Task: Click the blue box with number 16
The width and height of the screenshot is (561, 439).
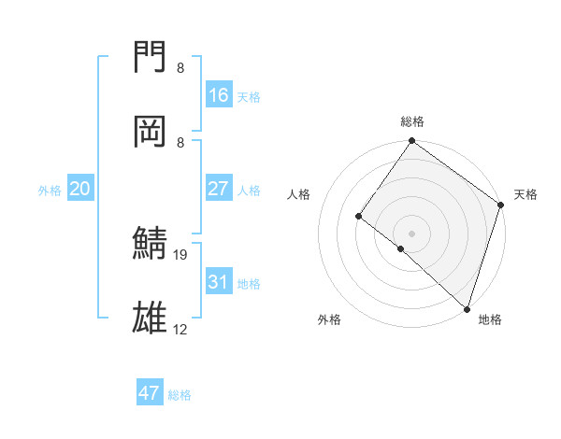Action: point(219,94)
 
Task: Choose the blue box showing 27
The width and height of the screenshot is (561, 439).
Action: point(219,189)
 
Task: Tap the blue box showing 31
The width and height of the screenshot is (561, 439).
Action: point(219,282)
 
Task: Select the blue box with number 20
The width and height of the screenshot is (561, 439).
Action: point(79,189)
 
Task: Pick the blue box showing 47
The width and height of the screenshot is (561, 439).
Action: point(150,393)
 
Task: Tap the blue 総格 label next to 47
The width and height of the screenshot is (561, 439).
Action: point(180,395)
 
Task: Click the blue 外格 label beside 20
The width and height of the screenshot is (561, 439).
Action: point(50,191)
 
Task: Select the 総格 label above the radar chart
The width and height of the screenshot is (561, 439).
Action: point(412,121)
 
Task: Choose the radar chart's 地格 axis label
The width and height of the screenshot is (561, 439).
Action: point(490,319)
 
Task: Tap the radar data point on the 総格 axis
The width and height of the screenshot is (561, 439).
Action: point(412,142)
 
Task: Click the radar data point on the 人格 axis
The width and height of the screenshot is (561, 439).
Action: point(358,216)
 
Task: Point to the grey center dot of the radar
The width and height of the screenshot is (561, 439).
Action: point(412,233)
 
